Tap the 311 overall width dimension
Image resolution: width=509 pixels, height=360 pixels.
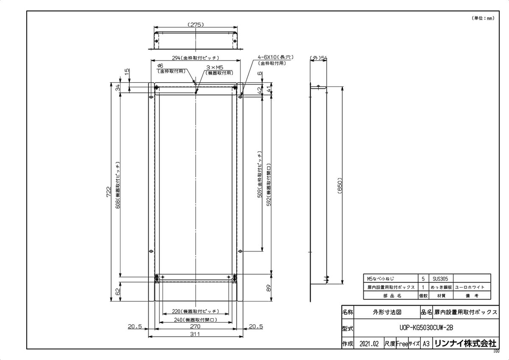[195, 334]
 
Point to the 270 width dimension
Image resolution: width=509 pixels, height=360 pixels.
[195, 327]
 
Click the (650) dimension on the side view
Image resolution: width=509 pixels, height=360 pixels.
[340, 185]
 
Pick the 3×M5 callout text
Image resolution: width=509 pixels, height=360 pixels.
[215, 67]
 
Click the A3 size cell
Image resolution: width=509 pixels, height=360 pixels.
[426, 344]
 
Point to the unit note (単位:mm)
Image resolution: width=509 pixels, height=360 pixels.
[483, 18]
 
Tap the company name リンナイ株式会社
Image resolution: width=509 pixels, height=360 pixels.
[465, 344]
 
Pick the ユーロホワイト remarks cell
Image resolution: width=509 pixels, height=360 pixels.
[469, 287]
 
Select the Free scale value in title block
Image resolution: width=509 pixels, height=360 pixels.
[402, 344]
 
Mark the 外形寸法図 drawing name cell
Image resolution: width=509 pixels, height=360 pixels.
[387, 312]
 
